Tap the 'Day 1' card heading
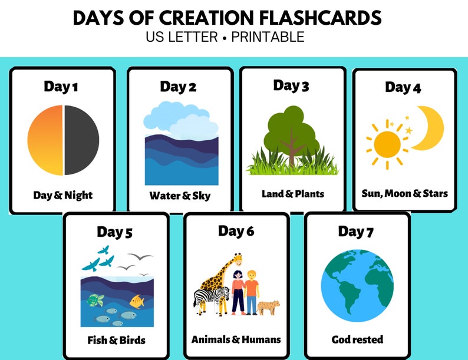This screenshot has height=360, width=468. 61,87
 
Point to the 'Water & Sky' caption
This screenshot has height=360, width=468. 180,196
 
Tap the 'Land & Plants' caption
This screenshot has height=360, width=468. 293,193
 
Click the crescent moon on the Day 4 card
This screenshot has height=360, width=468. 432,128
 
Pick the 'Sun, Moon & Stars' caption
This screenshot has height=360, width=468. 404,193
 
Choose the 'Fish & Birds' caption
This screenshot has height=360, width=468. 117,340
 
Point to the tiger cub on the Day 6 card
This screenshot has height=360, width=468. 268,306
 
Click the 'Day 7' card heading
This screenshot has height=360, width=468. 355,232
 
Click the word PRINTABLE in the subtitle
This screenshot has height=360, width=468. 268,37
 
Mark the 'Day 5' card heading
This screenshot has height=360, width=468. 114,233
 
